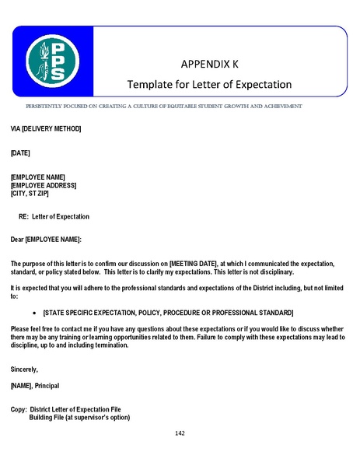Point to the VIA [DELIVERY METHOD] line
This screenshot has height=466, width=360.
point(45,128)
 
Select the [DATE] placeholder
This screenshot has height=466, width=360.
point(20,152)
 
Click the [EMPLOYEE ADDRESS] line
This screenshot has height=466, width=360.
point(44,185)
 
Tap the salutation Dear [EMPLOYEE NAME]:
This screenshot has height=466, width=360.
point(46,239)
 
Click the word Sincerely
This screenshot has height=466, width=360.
point(24,368)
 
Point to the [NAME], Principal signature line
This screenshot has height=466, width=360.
point(46,385)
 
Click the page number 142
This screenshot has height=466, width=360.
point(180,433)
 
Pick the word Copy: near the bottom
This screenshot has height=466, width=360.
point(19,409)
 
